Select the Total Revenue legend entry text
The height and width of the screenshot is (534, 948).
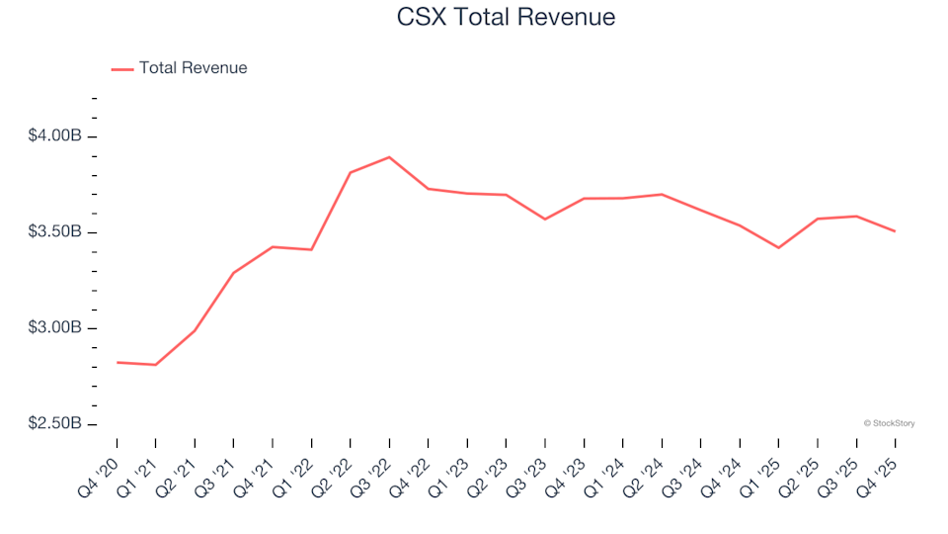click(x=193, y=68)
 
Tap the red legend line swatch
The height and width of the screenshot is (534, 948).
click(x=122, y=69)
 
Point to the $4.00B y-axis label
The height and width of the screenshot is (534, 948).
click(x=55, y=135)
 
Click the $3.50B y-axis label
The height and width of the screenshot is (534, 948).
click(x=55, y=232)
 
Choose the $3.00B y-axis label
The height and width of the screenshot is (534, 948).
click(x=55, y=328)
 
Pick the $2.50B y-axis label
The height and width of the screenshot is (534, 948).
click(x=55, y=424)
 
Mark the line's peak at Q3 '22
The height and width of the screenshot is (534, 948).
click(x=389, y=157)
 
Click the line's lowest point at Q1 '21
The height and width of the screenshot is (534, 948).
click(x=155, y=365)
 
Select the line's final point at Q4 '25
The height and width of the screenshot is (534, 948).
click(x=895, y=231)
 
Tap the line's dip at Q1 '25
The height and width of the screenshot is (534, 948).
click(x=778, y=247)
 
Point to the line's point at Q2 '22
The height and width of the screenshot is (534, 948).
click(x=350, y=173)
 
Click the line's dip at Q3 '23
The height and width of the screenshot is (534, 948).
click(x=545, y=219)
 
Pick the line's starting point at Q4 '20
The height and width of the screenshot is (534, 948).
click(x=118, y=362)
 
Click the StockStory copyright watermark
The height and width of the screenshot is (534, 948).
click(x=889, y=423)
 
